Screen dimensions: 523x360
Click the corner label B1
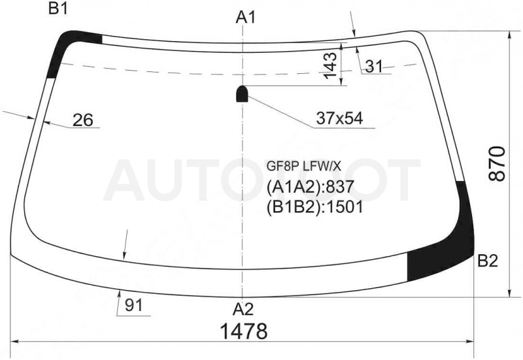point(58,8)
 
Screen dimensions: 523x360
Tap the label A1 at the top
point(246,18)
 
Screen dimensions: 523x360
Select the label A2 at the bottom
point(243,309)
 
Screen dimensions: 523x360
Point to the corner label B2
point(488,261)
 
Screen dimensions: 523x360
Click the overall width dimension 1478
point(244,331)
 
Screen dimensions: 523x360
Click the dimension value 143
point(331,66)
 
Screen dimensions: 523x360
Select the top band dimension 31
point(374,67)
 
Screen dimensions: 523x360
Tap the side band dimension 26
point(83,120)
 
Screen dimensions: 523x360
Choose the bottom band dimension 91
point(133,305)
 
